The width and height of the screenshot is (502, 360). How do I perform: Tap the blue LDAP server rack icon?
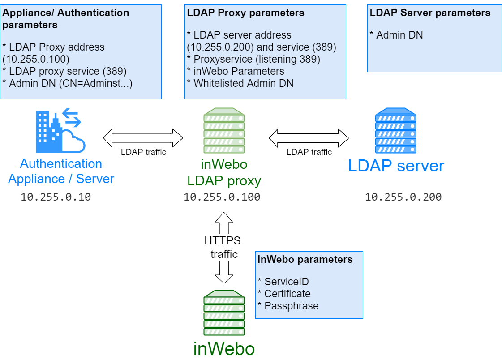coord(396,131)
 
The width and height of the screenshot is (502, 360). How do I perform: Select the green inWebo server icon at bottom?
coord(224,313)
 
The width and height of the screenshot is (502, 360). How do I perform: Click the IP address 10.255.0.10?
coord(56,197)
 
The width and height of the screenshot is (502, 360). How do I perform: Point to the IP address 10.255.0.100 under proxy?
coord(222,197)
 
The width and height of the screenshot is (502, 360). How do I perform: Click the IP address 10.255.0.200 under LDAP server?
coord(403,197)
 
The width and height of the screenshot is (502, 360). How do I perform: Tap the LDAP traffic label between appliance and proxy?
coord(143,152)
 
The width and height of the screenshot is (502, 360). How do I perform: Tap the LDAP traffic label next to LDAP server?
coord(309,152)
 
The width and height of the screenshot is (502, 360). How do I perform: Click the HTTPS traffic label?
coord(223,247)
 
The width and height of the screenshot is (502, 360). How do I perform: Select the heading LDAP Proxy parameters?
coord(245,13)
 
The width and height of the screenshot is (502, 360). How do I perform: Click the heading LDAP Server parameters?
coord(430,13)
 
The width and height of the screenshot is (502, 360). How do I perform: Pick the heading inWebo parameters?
coord(305,260)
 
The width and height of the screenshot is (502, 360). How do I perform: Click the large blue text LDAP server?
coord(396,166)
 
